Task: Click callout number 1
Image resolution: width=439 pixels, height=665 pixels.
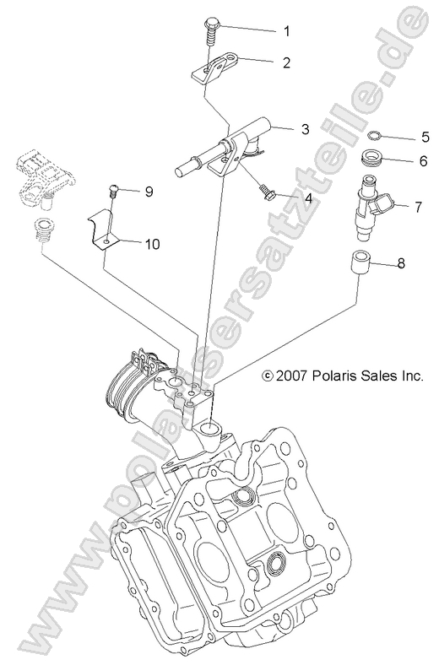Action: coord(285,31)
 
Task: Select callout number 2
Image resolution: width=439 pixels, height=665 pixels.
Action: coord(285,62)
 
